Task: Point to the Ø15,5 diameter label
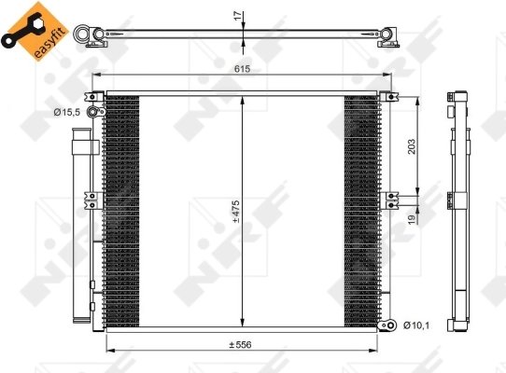pos(67,112)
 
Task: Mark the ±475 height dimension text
pos(237,213)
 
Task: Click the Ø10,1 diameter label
pos(416,325)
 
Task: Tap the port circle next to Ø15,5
pos(92,112)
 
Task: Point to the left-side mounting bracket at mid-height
pos(92,198)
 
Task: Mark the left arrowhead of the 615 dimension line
pos(94,76)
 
